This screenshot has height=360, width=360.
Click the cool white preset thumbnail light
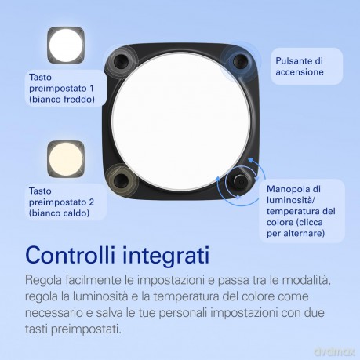pos(66,45)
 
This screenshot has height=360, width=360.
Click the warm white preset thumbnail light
pos(66,158)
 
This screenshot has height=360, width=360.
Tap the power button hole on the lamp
pos(240,62)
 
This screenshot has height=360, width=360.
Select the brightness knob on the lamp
pos(238,182)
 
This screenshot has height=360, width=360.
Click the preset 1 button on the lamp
pos(121,62)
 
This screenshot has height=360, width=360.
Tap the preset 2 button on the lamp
pos(121,180)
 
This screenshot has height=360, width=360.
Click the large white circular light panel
pos(181,121)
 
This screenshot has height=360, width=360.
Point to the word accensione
pos(300,72)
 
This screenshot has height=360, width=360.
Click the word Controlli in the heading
pos(71,255)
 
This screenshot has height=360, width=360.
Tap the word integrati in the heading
pos(166,256)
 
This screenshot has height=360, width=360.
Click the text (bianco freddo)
pos(62,100)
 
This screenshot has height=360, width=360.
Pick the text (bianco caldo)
pos(59,213)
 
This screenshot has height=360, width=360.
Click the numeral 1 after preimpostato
pos(91,89)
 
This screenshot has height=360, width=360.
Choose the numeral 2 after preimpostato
pos(91,202)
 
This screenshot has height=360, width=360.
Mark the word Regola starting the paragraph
pos(44,281)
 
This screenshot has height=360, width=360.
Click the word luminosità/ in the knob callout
pos(291,200)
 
